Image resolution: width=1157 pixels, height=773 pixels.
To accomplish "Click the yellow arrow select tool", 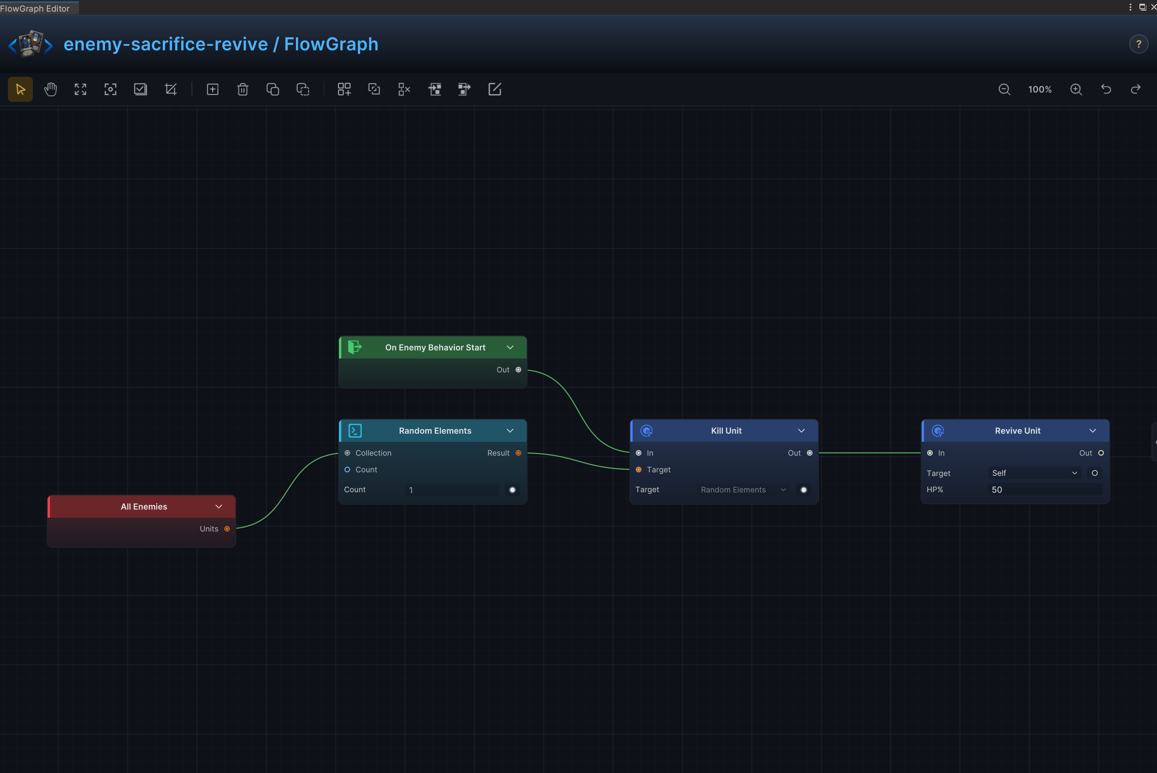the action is [20, 89].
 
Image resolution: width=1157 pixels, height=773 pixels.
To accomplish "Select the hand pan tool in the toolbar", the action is [50, 89].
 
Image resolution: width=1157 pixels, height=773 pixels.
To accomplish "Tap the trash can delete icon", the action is [242, 89].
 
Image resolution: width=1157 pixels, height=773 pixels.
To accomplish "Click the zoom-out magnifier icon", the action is [1004, 89].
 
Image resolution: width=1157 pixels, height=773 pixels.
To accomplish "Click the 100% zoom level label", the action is [1040, 89].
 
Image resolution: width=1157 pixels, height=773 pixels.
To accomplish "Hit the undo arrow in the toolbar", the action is [1106, 89].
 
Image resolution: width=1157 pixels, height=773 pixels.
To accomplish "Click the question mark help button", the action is [1139, 44].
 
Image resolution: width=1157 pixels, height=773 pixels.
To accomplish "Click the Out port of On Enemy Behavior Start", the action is [518, 370].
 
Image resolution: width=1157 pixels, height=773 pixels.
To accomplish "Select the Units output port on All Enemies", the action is [227, 529].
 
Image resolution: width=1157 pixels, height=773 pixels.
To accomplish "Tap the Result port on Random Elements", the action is [518, 453].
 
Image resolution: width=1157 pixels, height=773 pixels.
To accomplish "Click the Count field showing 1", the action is [452, 489].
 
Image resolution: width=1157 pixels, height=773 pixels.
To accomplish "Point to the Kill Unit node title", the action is [726, 431].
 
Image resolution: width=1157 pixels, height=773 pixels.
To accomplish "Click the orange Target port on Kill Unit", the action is [639, 470].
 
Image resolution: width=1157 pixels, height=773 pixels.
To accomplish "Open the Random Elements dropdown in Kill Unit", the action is [743, 489].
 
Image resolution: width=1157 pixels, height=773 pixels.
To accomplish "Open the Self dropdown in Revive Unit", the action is [1034, 473].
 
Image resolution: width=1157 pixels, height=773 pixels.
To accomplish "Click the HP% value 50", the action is [997, 489].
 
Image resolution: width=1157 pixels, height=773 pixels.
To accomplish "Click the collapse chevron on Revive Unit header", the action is [1092, 431].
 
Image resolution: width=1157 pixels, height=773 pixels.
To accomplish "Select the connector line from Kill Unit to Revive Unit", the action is [870, 453].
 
